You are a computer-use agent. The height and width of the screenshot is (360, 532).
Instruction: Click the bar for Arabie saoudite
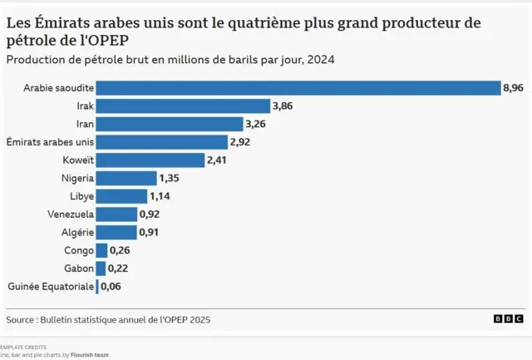[x=298, y=87]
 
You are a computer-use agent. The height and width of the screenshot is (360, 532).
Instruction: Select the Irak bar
[x=183, y=106]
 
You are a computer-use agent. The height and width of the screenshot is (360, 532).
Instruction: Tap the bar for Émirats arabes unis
[x=162, y=141]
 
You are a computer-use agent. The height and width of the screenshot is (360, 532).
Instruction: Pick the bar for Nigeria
[x=126, y=178]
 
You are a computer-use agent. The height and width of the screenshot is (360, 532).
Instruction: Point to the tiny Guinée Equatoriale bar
[x=97, y=286]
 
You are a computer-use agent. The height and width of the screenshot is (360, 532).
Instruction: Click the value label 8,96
[x=513, y=87]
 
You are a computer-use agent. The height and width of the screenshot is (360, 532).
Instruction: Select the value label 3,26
[x=257, y=124]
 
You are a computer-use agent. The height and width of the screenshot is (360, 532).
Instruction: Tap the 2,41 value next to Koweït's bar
[x=218, y=160]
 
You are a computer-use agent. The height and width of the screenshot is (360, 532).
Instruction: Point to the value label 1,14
[x=160, y=196]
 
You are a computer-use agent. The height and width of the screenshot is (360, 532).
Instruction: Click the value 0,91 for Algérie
[x=150, y=232]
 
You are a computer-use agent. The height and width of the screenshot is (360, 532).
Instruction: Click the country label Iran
[x=84, y=124]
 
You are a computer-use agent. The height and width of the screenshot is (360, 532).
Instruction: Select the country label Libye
[x=81, y=196]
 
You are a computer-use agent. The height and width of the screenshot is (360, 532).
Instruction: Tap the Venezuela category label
[x=71, y=215]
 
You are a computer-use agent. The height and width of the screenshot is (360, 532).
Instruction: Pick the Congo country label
[x=79, y=250]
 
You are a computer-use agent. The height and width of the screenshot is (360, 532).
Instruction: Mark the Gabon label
[x=79, y=268]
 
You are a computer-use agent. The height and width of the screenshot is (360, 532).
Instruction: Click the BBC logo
[x=508, y=318]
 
